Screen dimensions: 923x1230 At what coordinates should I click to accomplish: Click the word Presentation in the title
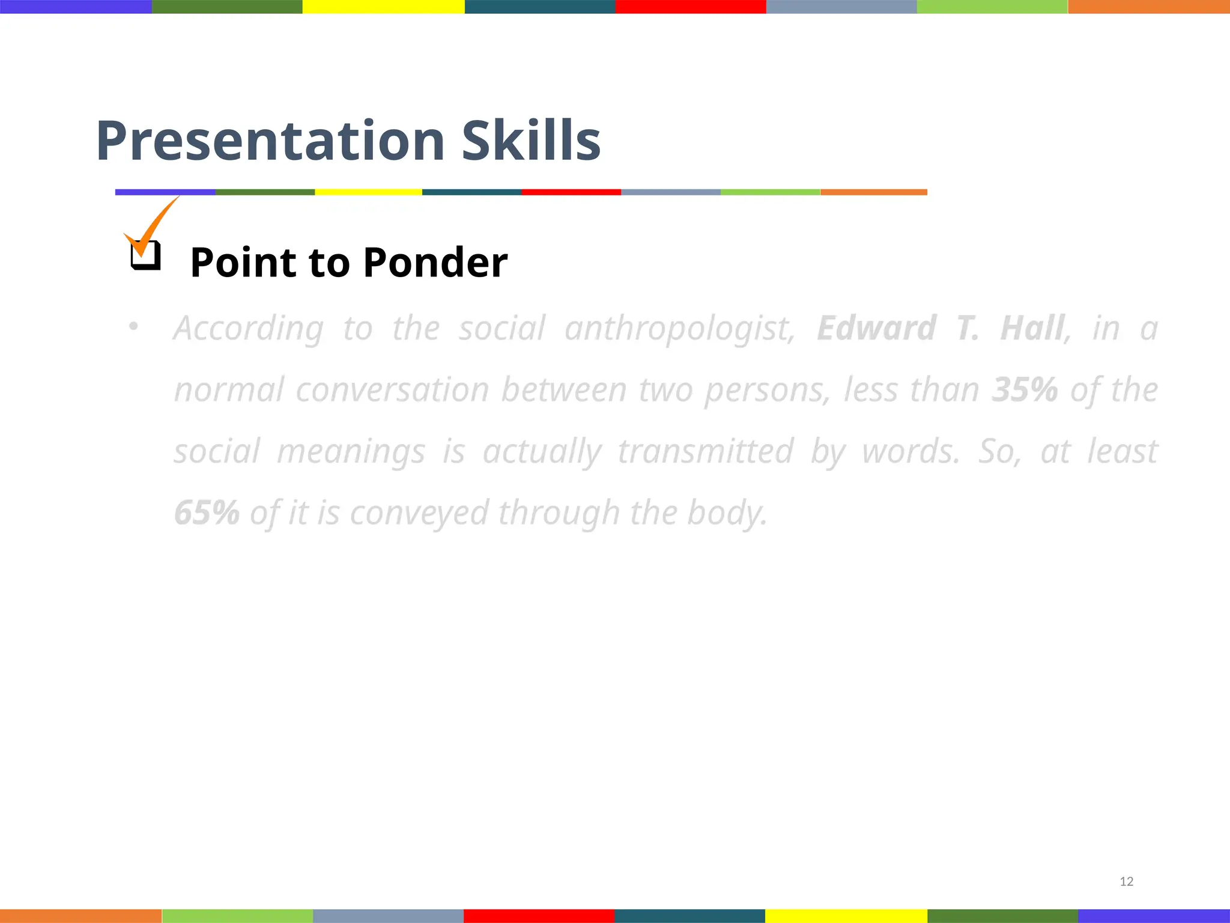click(x=270, y=141)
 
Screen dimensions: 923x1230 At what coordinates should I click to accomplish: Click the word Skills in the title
click(x=531, y=141)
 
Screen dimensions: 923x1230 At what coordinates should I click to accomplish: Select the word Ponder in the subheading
click(x=435, y=263)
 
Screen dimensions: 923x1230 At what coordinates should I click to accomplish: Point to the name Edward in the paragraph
click(x=876, y=328)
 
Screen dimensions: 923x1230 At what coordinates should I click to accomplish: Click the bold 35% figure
click(x=1024, y=389)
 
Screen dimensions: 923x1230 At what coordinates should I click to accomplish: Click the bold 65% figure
click(x=207, y=513)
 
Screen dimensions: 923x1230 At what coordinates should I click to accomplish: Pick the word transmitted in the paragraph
click(x=706, y=451)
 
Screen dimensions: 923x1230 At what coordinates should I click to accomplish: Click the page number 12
click(x=1126, y=882)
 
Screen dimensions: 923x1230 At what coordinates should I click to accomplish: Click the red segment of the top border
click(x=691, y=7)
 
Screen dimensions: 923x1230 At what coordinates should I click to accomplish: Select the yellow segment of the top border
click(x=383, y=7)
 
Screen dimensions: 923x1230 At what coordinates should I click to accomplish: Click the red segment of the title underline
click(x=571, y=192)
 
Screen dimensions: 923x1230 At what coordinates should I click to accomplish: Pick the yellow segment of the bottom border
click(x=846, y=916)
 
